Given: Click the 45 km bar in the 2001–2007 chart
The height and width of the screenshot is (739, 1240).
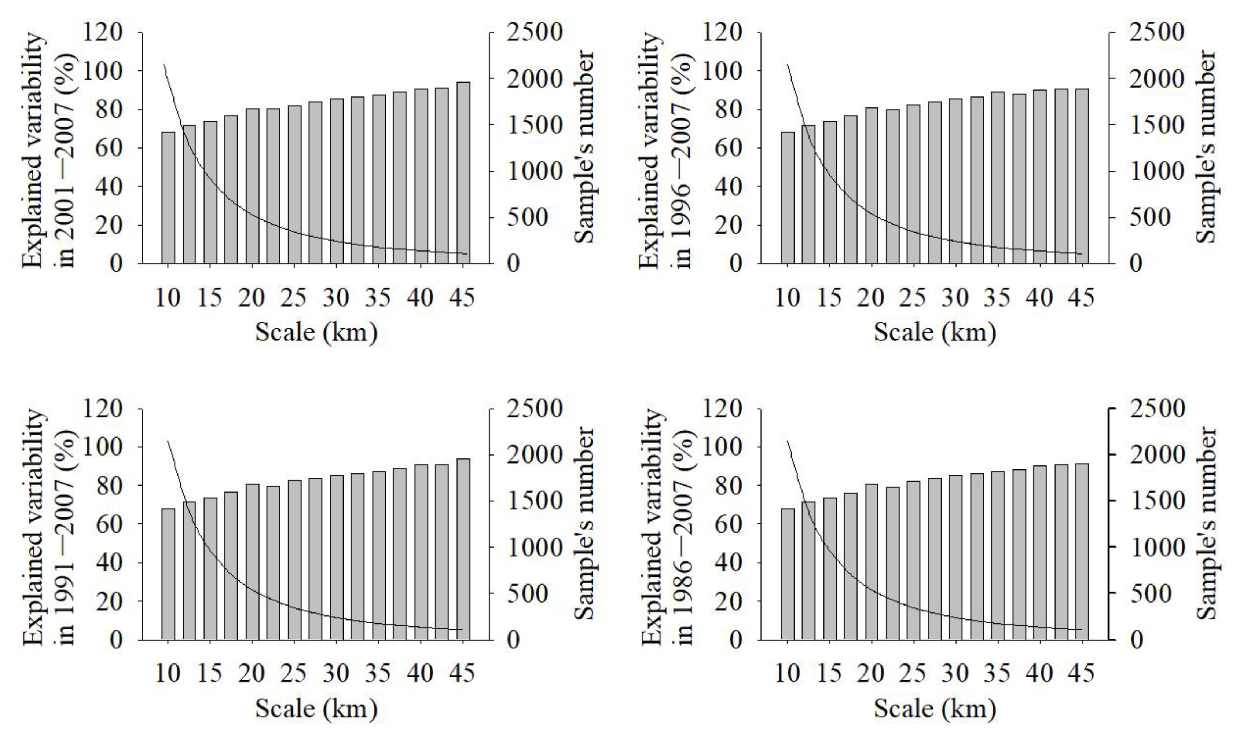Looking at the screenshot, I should point(463,172).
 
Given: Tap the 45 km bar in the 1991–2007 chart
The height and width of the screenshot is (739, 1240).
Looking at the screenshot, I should point(463,548).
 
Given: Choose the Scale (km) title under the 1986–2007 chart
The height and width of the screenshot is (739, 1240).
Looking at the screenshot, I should point(935,709).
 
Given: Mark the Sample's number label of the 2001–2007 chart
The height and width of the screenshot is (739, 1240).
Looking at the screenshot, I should point(584,147).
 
